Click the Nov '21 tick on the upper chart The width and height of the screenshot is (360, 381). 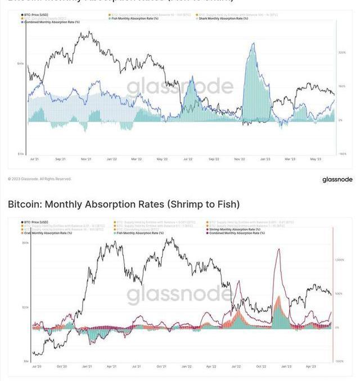click(x=85, y=159)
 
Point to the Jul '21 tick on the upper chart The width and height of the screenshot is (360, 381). click(x=35, y=159)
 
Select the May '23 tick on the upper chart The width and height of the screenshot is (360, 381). click(x=314, y=159)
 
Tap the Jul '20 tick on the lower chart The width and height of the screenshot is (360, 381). click(x=37, y=366)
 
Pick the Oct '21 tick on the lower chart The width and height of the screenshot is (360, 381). click(x=161, y=366)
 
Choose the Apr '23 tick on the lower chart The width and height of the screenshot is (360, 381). click(x=311, y=366)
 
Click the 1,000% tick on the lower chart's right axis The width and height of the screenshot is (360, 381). click(x=339, y=260)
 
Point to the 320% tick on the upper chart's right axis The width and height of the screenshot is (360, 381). click(x=341, y=52)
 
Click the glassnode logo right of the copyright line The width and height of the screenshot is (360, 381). click(x=337, y=179)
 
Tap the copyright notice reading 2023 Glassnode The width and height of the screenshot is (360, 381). click(x=40, y=179)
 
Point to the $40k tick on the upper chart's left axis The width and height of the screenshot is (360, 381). click(x=20, y=63)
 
